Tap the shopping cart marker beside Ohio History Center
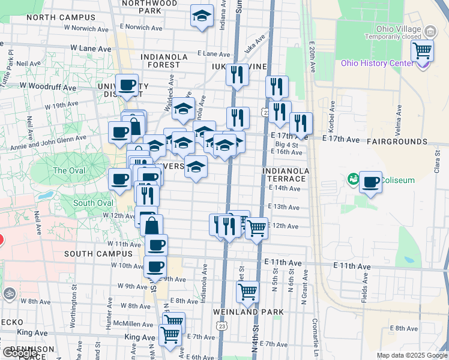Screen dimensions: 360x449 [423, 50]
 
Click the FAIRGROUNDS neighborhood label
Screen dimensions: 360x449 [396, 142]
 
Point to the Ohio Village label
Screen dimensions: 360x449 [399, 28]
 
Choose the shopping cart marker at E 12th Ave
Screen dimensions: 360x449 [257, 228]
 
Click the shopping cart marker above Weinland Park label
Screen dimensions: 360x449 [247, 292]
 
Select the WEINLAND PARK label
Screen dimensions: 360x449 [244, 312]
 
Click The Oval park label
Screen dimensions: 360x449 [68, 170]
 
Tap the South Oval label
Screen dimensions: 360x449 [89, 203]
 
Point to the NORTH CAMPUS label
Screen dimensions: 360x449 [53, 17]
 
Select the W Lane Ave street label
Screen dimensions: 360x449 [91, 48]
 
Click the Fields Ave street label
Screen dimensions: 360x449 [364, 290]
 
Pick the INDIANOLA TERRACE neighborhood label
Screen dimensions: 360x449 [285, 175]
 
